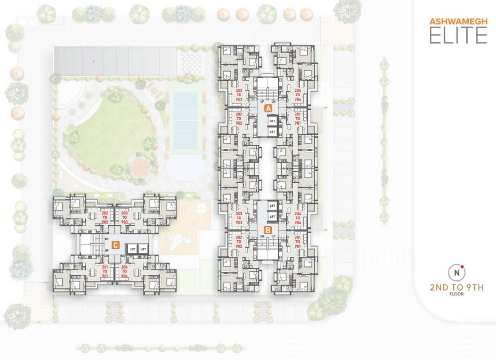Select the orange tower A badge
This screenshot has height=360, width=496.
click(268, 108)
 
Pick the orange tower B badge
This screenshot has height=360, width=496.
click(267, 230)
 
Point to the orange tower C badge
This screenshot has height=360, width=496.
click(115, 244)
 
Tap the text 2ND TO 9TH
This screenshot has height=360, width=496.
click(457, 287)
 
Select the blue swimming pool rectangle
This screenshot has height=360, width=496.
click(185, 120)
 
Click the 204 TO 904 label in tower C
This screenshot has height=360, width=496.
click(124, 271)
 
